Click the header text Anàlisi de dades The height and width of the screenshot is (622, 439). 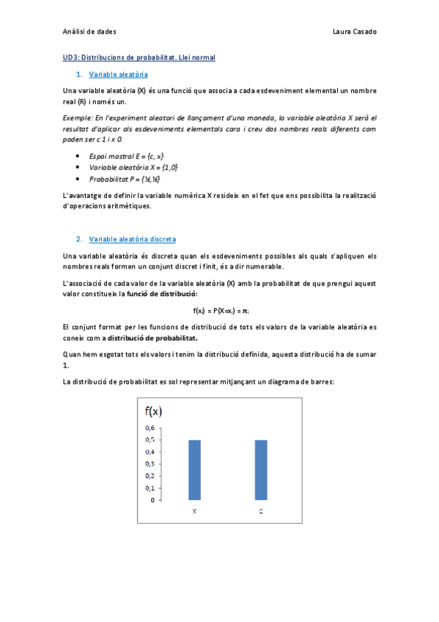[89, 32]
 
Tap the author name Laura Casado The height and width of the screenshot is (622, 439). [354, 32]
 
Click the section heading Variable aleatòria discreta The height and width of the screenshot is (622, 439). [132, 239]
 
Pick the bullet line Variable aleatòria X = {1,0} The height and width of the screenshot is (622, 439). [133, 167]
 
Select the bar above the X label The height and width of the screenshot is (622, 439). [194, 469]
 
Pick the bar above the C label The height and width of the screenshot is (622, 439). [261, 469]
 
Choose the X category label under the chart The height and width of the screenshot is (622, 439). [194, 511]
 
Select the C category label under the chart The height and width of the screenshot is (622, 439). [261, 511]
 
